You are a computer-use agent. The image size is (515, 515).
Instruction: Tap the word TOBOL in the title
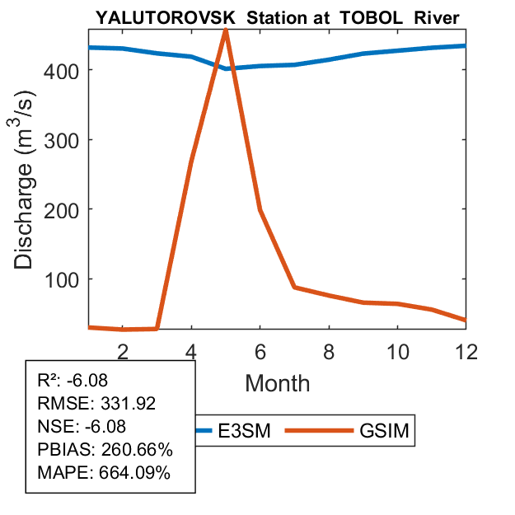tap(368, 16)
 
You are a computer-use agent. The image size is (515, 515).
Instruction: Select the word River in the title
tap(433, 16)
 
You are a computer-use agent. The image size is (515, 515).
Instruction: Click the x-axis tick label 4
tap(191, 350)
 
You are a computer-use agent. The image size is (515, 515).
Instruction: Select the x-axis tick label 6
tap(260, 350)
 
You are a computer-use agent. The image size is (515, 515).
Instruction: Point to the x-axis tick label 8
tap(329, 350)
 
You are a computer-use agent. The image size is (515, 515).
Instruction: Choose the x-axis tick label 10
tap(397, 350)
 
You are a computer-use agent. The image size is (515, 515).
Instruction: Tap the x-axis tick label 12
tap(466, 350)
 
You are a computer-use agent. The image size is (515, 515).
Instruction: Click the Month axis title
tap(277, 382)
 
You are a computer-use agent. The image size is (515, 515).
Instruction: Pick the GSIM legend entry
tap(384, 430)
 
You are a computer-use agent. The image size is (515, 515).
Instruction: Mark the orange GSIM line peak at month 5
tap(225, 30)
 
